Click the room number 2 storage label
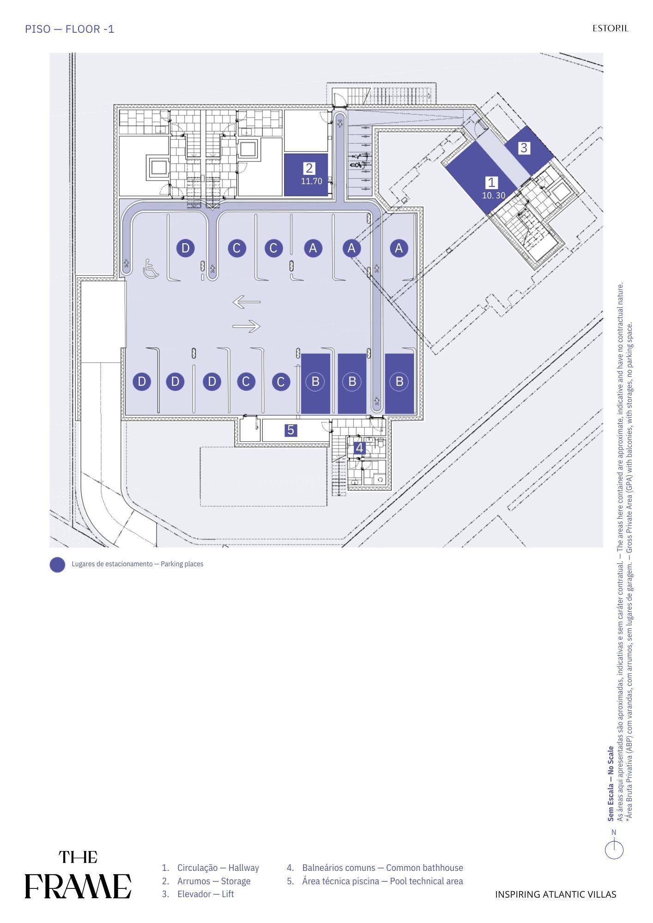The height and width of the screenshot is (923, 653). (309, 168)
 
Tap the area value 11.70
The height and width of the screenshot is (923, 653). (312, 181)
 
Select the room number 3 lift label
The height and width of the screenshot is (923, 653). (524, 148)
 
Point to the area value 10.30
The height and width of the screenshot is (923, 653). (494, 196)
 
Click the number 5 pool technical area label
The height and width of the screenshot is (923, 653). (290, 430)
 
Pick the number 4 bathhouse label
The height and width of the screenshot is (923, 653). (359, 448)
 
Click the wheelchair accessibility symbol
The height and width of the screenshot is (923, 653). (151, 269)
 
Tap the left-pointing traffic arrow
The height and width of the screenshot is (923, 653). (246, 302)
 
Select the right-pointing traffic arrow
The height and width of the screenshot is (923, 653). (246, 326)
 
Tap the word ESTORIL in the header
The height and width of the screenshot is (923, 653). (611, 28)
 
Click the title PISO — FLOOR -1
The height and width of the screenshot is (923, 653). (70, 29)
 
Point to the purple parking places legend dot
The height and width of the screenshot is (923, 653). (57, 565)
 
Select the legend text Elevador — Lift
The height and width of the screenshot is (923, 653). (206, 894)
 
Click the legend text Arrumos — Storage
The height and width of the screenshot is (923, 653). (214, 881)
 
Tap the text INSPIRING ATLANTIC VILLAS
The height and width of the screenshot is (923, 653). (556, 894)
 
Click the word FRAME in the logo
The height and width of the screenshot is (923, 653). (78, 886)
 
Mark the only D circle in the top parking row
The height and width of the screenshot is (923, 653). (185, 248)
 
